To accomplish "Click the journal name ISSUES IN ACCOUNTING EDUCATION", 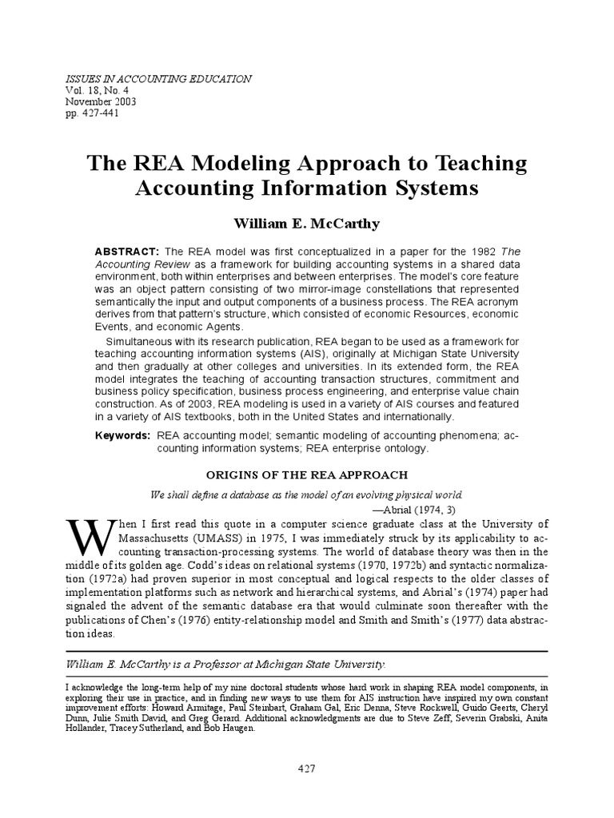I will pyautogui.click(x=157, y=79).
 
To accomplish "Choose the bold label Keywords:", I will pyautogui.click(x=122, y=436).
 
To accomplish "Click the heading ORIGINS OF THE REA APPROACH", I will pyautogui.click(x=307, y=475).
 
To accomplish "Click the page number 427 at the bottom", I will pyautogui.click(x=307, y=768).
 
